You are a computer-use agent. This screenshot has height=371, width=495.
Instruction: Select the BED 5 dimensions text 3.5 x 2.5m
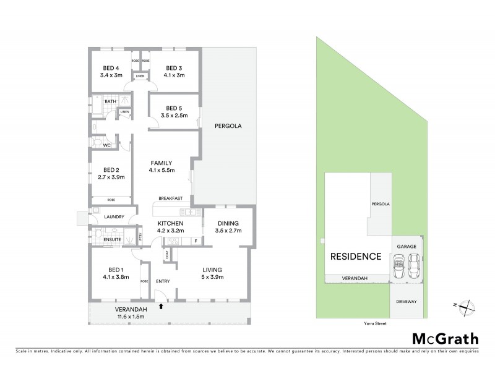(x=174, y=116)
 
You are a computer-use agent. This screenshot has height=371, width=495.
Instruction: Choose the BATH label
(x=110, y=101)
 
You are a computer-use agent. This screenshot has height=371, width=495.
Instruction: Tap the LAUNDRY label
(x=114, y=216)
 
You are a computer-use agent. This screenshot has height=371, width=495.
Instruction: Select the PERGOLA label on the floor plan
(x=227, y=126)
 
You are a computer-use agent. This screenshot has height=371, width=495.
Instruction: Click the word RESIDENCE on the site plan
(x=355, y=256)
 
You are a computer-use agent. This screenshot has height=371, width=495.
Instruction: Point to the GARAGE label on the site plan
(x=407, y=246)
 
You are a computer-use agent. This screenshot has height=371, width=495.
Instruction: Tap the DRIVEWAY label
(x=407, y=301)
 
